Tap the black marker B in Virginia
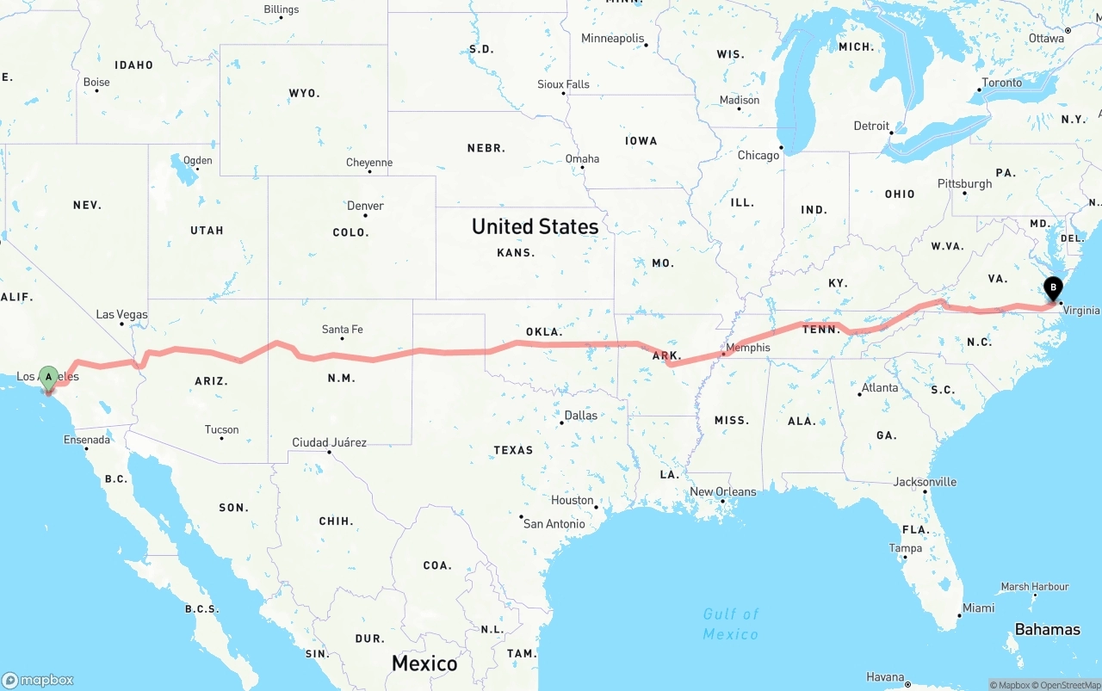(x=1053, y=288)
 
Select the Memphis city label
(x=747, y=349)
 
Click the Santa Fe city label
(x=342, y=330)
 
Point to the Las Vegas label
(x=121, y=315)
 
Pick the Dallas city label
(x=580, y=416)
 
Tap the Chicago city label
(x=758, y=156)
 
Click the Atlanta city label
(x=880, y=388)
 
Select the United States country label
(x=535, y=226)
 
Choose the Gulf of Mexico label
(x=731, y=624)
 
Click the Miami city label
(x=978, y=608)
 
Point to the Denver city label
(x=365, y=207)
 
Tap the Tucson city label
(x=221, y=430)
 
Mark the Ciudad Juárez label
(x=329, y=443)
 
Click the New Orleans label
(x=722, y=492)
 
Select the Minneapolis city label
(x=612, y=39)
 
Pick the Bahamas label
(x=1047, y=630)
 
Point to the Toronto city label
(x=1002, y=83)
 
